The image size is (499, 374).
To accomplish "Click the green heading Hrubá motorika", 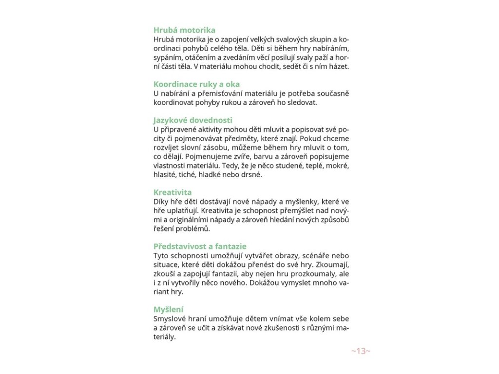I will coord(184,30).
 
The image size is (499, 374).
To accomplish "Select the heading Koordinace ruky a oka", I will coord(196,84).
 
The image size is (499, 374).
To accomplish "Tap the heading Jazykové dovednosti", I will coord(192,120).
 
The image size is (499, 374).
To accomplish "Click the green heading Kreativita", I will coord(173,192).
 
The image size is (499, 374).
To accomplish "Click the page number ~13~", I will coord(361,351).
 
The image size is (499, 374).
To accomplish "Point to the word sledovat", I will coord(302,102).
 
